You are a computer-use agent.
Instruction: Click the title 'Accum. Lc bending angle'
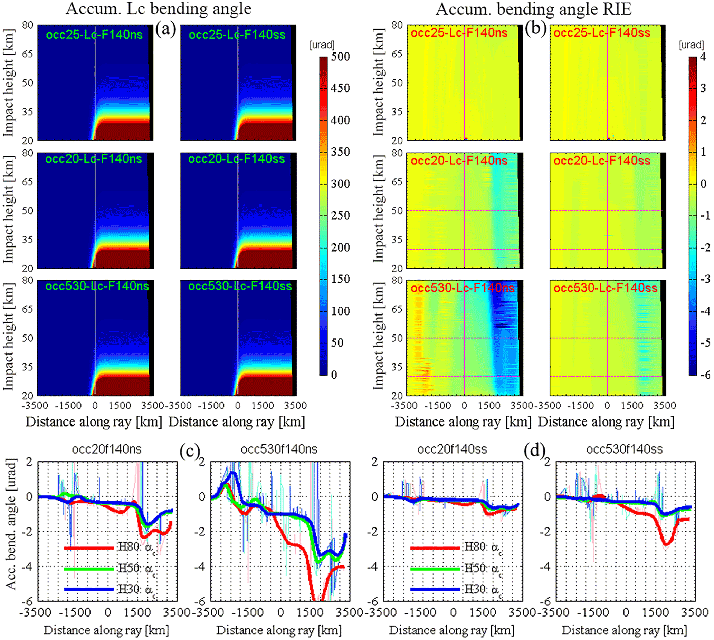(158, 9)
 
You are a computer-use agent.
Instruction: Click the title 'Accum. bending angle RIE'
(533, 9)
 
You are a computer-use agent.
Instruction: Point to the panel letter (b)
(535, 29)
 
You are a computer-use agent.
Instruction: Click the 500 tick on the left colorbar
(340, 57)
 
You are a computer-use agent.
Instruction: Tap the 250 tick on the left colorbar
(340, 215)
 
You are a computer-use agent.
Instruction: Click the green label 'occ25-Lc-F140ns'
(94, 35)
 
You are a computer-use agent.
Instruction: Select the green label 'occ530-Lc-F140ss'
(240, 286)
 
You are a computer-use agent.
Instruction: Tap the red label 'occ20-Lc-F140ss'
(602, 161)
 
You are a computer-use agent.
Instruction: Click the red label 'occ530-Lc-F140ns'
(463, 288)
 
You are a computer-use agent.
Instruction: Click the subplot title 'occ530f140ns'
(279, 449)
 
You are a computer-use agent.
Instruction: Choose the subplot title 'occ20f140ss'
(452, 449)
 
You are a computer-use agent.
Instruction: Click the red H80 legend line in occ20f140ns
(89, 548)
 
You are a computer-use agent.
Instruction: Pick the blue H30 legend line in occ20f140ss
(435, 589)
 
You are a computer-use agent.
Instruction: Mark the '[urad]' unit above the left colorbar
(322, 45)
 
